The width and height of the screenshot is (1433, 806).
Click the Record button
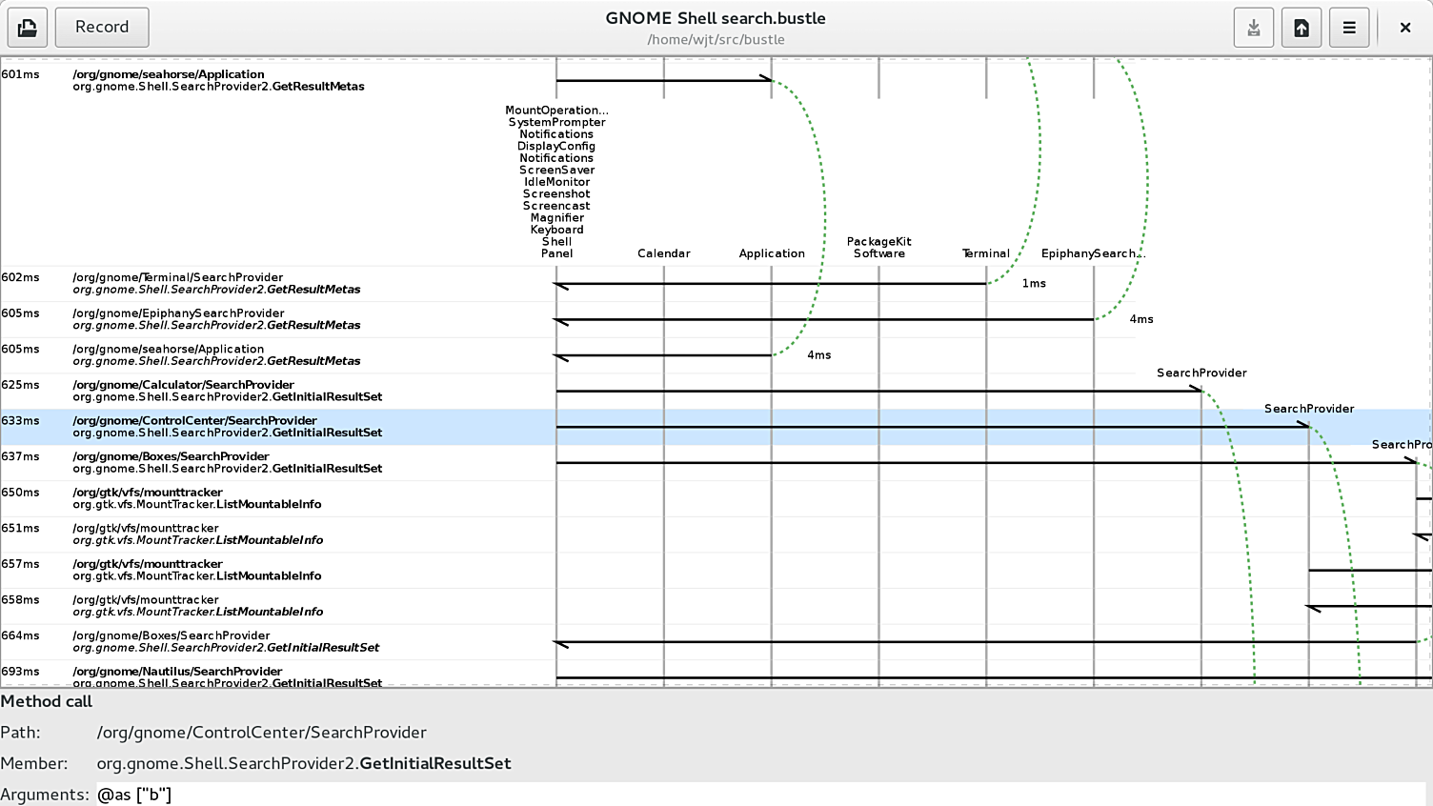pos(102,28)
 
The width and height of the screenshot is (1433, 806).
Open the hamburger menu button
pos(1349,28)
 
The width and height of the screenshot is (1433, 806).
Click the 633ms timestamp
pos(21,421)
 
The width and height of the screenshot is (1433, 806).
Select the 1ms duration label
pos(1034,284)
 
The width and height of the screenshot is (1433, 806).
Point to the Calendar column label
pos(664,253)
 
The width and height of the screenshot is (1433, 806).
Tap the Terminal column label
pos(986,253)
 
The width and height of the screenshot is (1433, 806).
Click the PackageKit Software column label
pos(879,248)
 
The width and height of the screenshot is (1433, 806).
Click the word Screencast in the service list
pos(556,206)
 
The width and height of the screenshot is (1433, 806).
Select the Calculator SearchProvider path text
pos(183,385)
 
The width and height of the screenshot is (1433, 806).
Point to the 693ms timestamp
pos(21,672)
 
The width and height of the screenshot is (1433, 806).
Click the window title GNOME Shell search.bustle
pos(716,18)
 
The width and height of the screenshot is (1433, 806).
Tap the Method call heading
pos(47,701)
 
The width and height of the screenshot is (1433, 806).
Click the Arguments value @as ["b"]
pos(134,795)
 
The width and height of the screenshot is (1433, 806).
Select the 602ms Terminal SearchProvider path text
pos(177,277)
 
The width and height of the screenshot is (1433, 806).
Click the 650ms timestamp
pos(21,493)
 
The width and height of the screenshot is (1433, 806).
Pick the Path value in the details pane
pos(261,733)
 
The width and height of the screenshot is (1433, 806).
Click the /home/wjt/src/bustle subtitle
pos(716,40)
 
